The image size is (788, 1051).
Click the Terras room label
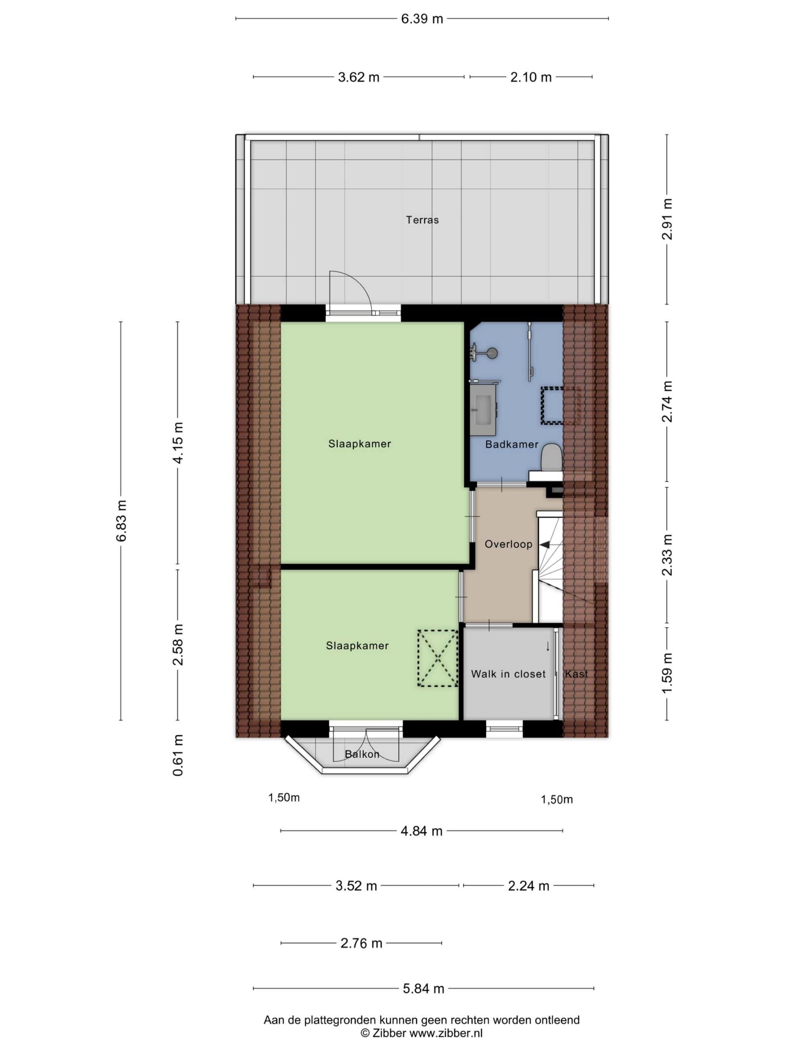[x=422, y=220]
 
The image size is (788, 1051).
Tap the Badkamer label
[x=511, y=444]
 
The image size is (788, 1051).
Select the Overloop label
[x=508, y=544]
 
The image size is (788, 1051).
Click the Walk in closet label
[x=508, y=674]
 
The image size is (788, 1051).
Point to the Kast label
[x=576, y=674]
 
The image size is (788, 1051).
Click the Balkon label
[x=362, y=754]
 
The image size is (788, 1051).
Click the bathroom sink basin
[x=483, y=410]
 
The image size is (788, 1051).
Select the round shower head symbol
[x=492, y=353]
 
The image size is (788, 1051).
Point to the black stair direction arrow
[x=545, y=544]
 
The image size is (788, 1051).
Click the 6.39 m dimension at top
[x=422, y=19]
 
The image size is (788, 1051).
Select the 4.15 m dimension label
[x=178, y=442]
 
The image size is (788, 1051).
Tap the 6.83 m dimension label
[x=121, y=521]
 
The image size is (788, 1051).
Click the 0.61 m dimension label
[x=178, y=755]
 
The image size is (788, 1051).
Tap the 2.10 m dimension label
[x=531, y=77]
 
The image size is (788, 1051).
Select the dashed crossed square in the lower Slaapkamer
[x=438, y=658]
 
